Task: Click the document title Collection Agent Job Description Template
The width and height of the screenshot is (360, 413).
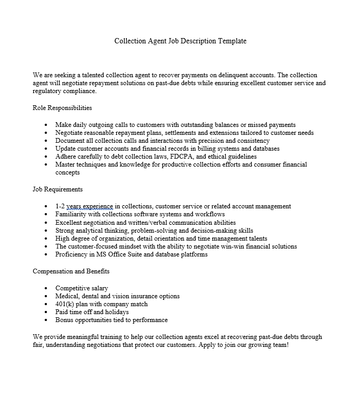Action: (x=180, y=41)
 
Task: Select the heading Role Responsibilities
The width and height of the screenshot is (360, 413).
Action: (x=62, y=108)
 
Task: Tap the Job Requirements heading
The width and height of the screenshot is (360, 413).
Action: (x=58, y=189)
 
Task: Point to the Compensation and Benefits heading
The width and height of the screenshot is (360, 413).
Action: (x=71, y=271)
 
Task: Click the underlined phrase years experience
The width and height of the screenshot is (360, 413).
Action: (x=90, y=206)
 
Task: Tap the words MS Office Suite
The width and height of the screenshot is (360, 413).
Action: (x=113, y=254)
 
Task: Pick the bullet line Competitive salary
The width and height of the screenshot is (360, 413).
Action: (x=81, y=288)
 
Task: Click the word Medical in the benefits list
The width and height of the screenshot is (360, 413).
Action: (x=67, y=296)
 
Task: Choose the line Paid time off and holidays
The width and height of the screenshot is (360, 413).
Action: (x=92, y=312)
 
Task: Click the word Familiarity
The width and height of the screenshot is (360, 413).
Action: (x=72, y=214)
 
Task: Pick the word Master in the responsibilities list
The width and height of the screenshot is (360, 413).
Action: (x=66, y=164)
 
